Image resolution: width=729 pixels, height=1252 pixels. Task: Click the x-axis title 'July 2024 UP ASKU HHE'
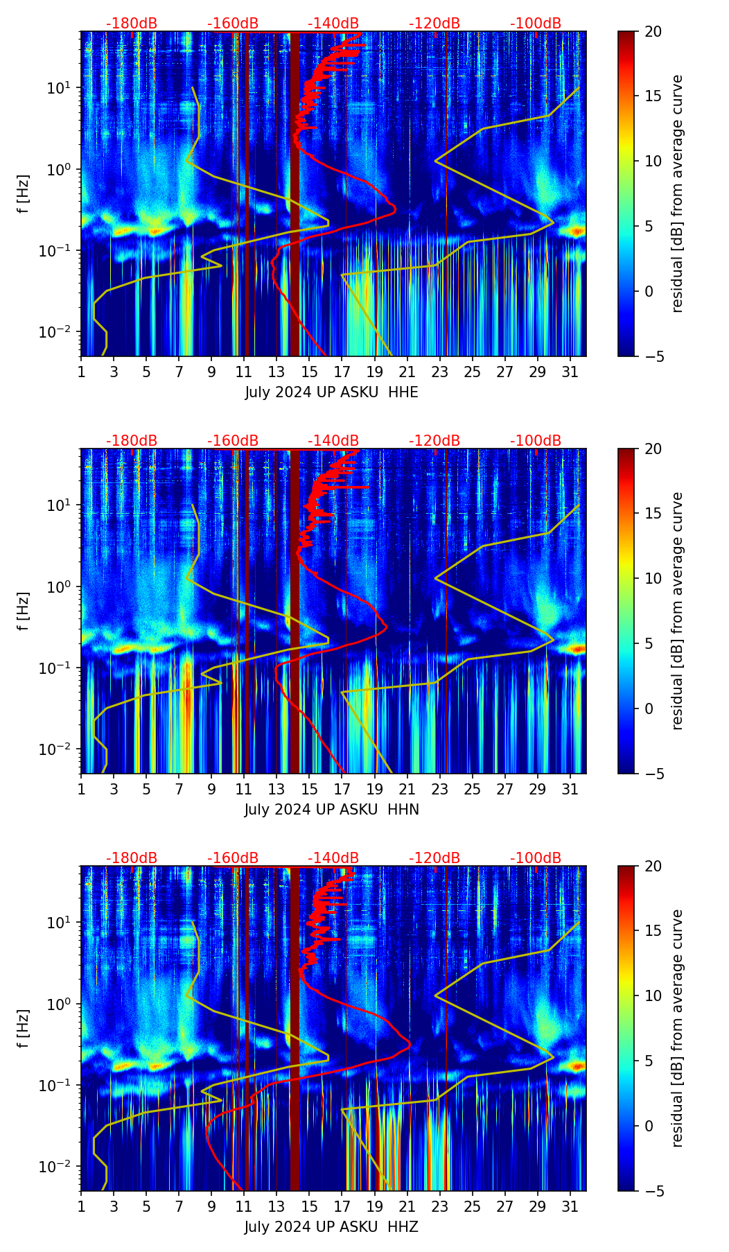(x=331, y=392)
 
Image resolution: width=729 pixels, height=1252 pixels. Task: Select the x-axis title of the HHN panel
(x=331, y=810)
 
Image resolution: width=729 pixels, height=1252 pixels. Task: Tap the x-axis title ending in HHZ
(x=331, y=1227)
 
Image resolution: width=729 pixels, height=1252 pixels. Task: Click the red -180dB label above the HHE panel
(x=132, y=24)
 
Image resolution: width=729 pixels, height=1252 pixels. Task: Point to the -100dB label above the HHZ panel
(x=536, y=858)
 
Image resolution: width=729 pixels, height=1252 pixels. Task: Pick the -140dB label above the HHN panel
(x=333, y=441)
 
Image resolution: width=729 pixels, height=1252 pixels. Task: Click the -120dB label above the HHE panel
(x=434, y=24)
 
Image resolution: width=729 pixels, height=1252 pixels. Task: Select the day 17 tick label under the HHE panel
(x=342, y=372)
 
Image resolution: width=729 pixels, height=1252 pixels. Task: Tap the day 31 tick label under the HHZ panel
(x=570, y=1206)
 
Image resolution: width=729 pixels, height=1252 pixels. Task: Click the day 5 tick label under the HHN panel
(x=146, y=789)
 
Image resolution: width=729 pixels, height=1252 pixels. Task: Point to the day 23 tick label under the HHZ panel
(x=439, y=1206)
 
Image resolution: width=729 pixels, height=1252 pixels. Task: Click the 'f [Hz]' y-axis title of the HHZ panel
(x=24, y=1028)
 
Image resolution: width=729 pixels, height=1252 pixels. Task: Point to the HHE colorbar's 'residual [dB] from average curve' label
(x=678, y=193)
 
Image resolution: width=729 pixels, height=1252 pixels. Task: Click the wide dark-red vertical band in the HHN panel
(x=295, y=610)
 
